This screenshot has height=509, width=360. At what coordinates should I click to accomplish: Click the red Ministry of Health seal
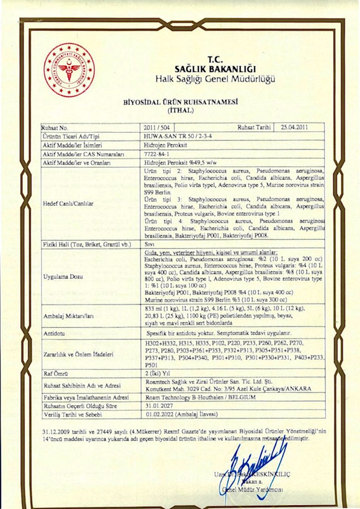69,69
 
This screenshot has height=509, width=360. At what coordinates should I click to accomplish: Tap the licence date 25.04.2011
295,127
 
